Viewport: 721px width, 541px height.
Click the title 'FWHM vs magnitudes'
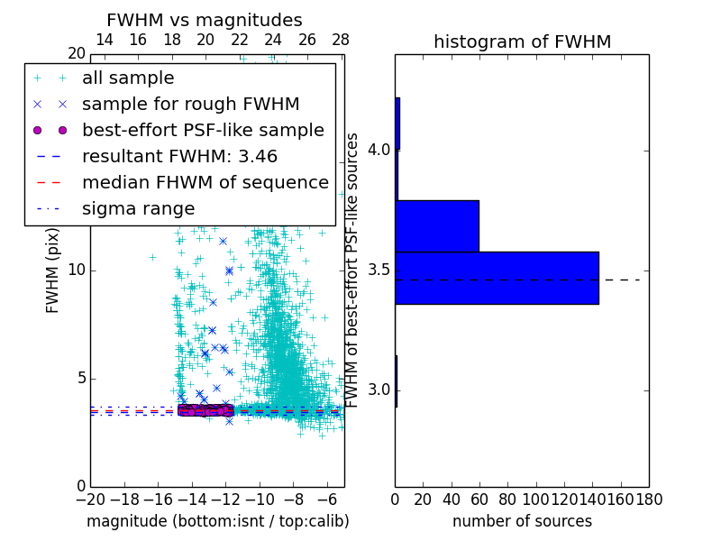(205, 21)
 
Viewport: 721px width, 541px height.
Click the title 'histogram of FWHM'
(522, 41)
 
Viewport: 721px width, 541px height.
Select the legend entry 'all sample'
(128, 78)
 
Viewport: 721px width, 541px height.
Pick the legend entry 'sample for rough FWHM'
(190, 105)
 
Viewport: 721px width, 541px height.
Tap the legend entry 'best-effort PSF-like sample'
(203, 130)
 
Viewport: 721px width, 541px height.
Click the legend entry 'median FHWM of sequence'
(205, 182)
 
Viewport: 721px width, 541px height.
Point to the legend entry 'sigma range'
(138, 208)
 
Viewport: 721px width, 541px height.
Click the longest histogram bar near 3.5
(497, 278)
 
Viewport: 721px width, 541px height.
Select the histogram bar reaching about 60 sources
(437, 225)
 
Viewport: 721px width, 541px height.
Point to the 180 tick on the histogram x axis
(648, 498)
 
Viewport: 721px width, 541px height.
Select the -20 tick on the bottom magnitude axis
(90, 498)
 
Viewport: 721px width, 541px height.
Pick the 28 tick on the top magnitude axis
(341, 40)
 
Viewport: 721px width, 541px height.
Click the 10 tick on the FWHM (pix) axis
(76, 270)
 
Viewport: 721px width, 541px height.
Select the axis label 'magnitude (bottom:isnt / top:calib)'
(217, 521)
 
